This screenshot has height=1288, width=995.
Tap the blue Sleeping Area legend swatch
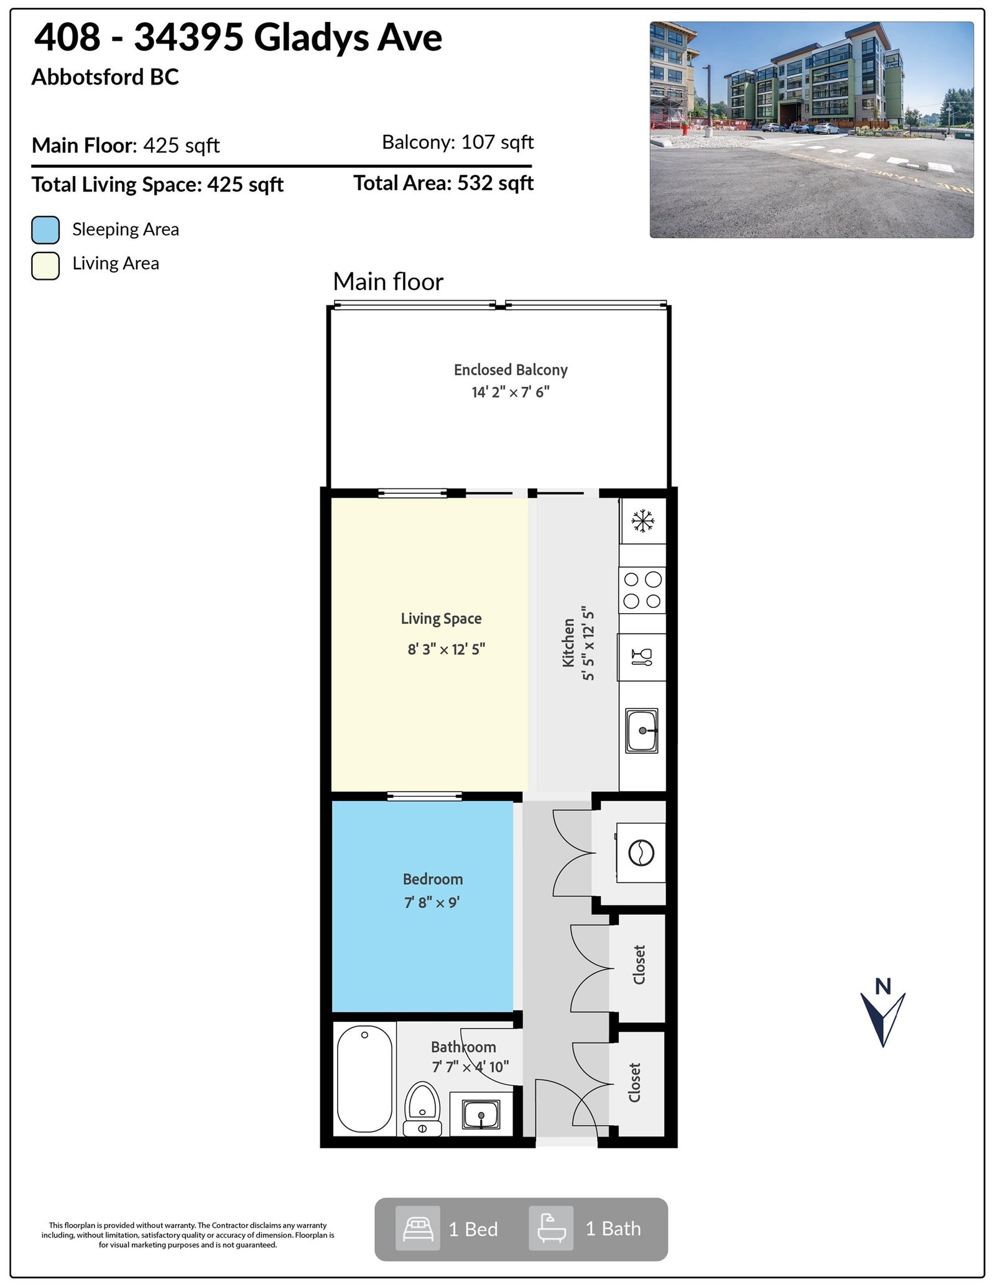45,229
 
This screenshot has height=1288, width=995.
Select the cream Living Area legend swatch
45,266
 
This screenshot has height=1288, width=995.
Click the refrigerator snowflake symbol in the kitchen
642,521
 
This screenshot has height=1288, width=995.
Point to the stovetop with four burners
642,590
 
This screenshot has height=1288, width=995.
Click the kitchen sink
642,730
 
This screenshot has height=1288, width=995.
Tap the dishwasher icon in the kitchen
642,657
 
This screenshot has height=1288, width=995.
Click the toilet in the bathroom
422,1110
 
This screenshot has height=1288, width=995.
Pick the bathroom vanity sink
481,1114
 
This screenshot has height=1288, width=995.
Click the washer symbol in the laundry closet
641,852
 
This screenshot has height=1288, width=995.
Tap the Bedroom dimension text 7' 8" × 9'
432,902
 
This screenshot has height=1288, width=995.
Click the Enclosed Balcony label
511,370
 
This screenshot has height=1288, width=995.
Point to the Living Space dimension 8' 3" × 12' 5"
446,649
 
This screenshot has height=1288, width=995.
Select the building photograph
812,130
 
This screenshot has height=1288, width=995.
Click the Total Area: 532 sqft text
443,183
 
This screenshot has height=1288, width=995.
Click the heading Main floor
388,282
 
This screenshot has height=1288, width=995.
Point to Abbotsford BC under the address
105,77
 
